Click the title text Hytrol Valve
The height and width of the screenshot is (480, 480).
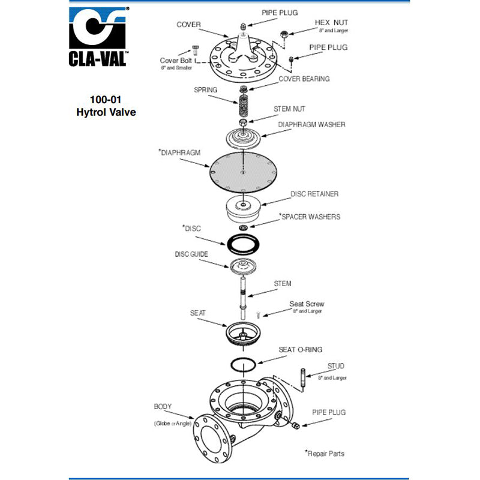pos(106,112)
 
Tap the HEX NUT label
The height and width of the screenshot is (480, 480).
pos(331,23)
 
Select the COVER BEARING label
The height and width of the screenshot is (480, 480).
pos(304,79)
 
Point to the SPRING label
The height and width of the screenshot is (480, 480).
pos(205,90)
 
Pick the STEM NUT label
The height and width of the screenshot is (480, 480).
pos(289,109)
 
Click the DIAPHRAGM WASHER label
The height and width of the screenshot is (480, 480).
pos(311,125)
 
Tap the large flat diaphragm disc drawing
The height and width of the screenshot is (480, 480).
pos(242,172)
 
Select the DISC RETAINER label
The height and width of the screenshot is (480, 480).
pos(314,194)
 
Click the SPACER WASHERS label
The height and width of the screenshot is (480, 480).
pos(310,216)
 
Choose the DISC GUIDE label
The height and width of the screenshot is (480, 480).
pos(191,254)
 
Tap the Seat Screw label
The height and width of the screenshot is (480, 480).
pos(307,304)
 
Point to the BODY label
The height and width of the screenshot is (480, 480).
pos(163,406)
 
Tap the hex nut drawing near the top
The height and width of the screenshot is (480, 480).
pos(284,34)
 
